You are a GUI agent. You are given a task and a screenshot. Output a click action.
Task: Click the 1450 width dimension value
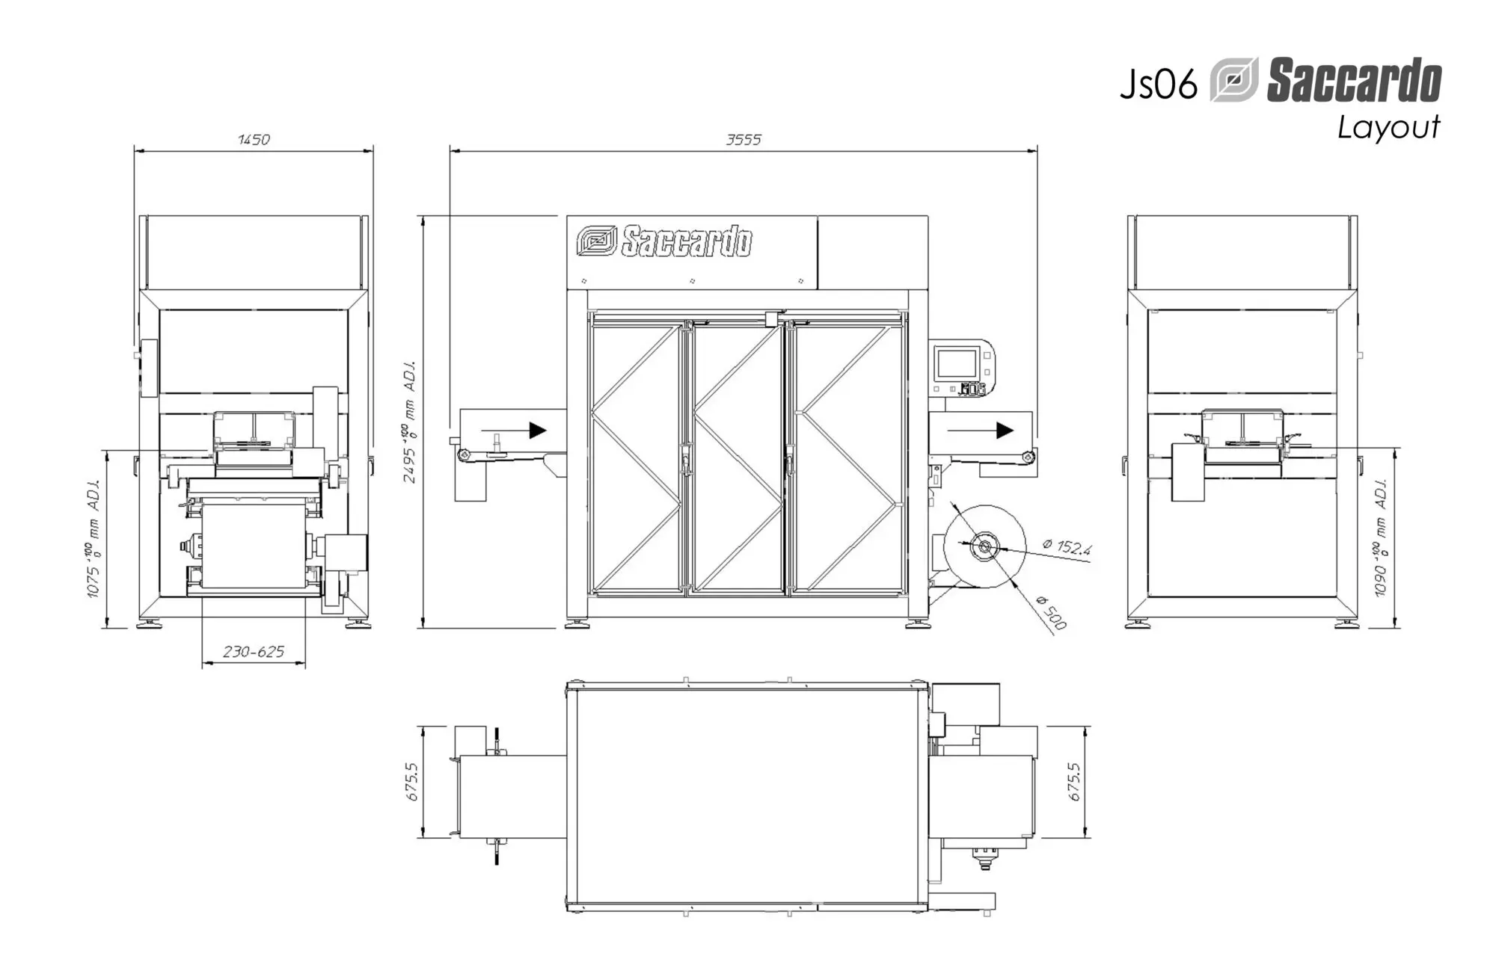[254, 139]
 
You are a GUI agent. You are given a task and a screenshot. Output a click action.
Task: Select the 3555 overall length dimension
[744, 139]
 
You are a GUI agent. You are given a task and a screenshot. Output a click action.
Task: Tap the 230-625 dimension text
[254, 652]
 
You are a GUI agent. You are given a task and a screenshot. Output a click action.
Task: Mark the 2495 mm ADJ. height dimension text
[410, 422]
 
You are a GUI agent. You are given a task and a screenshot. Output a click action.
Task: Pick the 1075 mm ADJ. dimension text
[93, 538]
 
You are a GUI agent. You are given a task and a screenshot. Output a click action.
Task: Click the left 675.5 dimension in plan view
[412, 782]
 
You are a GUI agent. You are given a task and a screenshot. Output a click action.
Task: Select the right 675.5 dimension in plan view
[1074, 782]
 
